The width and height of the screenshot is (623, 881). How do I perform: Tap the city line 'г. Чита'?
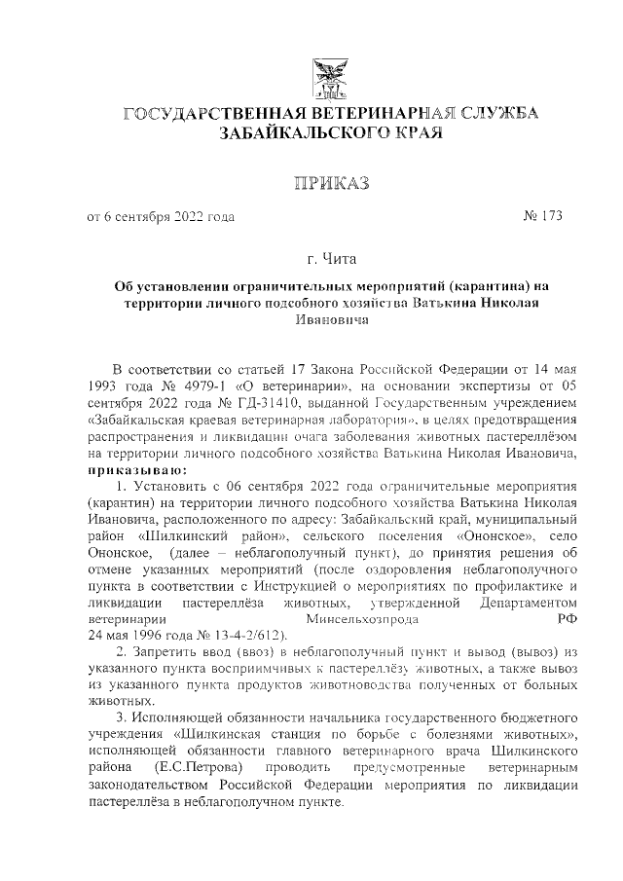(331, 260)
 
